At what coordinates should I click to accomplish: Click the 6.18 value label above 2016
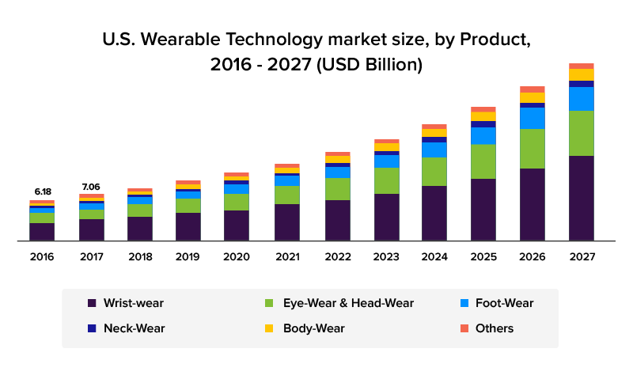click(42, 191)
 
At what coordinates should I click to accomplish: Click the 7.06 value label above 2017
click(91, 187)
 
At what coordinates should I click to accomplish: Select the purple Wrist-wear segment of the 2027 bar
click(582, 198)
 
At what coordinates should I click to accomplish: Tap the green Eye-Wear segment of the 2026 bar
click(533, 149)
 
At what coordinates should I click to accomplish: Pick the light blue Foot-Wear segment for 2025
click(483, 135)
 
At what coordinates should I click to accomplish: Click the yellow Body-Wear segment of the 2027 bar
click(582, 74)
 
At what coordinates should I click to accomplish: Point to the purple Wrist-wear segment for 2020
click(237, 225)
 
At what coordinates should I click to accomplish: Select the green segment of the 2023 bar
click(387, 180)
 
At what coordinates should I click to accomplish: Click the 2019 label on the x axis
click(188, 256)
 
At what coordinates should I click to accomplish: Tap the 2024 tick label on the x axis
click(434, 256)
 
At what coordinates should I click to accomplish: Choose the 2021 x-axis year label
click(287, 256)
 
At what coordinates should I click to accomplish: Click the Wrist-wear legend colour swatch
click(92, 303)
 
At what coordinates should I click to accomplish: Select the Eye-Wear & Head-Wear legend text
click(348, 303)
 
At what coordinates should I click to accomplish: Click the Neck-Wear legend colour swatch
click(92, 328)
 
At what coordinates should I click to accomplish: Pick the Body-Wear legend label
click(313, 328)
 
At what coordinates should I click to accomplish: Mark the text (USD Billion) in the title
click(370, 65)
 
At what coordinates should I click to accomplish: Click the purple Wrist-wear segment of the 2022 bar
click(337, 220)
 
